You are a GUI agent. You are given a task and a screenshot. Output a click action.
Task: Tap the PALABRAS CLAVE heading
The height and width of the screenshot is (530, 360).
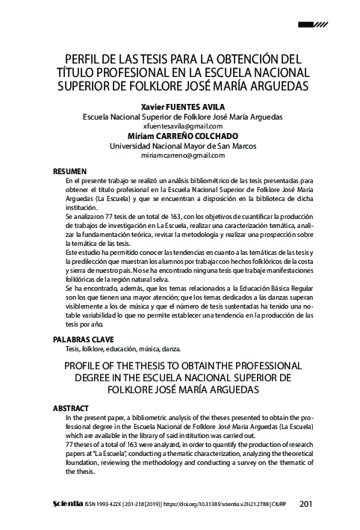coord(78,339)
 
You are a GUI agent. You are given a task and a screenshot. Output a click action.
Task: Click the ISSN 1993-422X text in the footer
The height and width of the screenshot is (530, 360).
coord(110,504)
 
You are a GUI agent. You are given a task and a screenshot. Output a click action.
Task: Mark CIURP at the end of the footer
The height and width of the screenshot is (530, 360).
coord(277,504)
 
